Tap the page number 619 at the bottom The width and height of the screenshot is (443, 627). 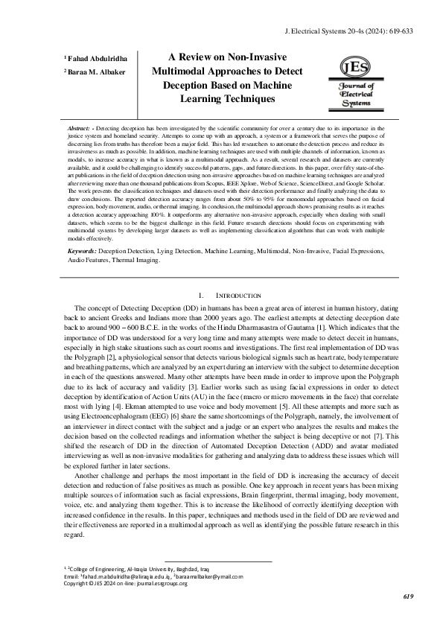pos(407,596)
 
